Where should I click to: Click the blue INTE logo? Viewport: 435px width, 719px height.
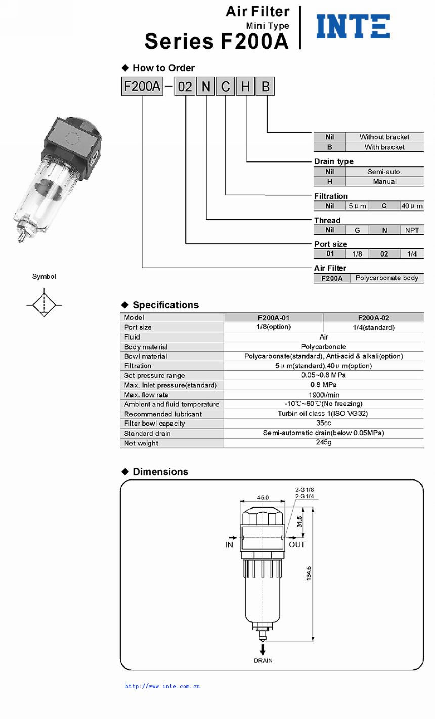(353, 26)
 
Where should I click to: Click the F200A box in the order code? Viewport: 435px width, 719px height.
(142, 87)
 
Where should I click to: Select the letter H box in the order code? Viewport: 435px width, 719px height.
(245, 87)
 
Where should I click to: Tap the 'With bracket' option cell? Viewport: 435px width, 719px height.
(384, 147)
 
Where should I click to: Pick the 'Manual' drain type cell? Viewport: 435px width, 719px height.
(384, 181)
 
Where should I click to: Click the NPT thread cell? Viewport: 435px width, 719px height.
(412, 230)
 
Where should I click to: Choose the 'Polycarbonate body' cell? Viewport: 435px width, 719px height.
(387, 278)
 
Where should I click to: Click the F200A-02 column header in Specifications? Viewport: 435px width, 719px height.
(373, 318)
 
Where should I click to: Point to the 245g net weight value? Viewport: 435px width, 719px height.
(324, 442)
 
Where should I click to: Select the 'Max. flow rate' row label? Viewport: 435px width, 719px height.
(146, 395)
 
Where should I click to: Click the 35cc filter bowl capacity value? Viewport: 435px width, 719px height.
(324, 423)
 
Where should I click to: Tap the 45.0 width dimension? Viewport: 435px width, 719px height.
(263, 497)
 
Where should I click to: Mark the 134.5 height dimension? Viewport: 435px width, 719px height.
(309, 573)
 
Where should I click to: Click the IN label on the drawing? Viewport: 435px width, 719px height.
(229, 545)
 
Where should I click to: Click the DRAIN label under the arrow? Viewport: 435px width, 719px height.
(263, 661)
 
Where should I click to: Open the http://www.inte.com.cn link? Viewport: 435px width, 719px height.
(162, 686)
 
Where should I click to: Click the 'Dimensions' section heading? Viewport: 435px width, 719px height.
(160, 472)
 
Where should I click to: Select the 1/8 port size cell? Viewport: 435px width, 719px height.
(357, 254)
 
